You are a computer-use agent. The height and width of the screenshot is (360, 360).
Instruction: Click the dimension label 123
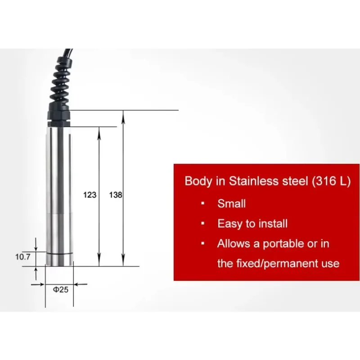90,195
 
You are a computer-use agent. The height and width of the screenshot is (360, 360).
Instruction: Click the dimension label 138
116,195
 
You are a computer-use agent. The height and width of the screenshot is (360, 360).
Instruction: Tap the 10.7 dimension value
23,256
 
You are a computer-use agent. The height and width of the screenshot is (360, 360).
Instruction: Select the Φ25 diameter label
61,289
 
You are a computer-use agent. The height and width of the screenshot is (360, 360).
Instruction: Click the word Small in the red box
231,204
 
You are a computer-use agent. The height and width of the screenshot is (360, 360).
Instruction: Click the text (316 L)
331,181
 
